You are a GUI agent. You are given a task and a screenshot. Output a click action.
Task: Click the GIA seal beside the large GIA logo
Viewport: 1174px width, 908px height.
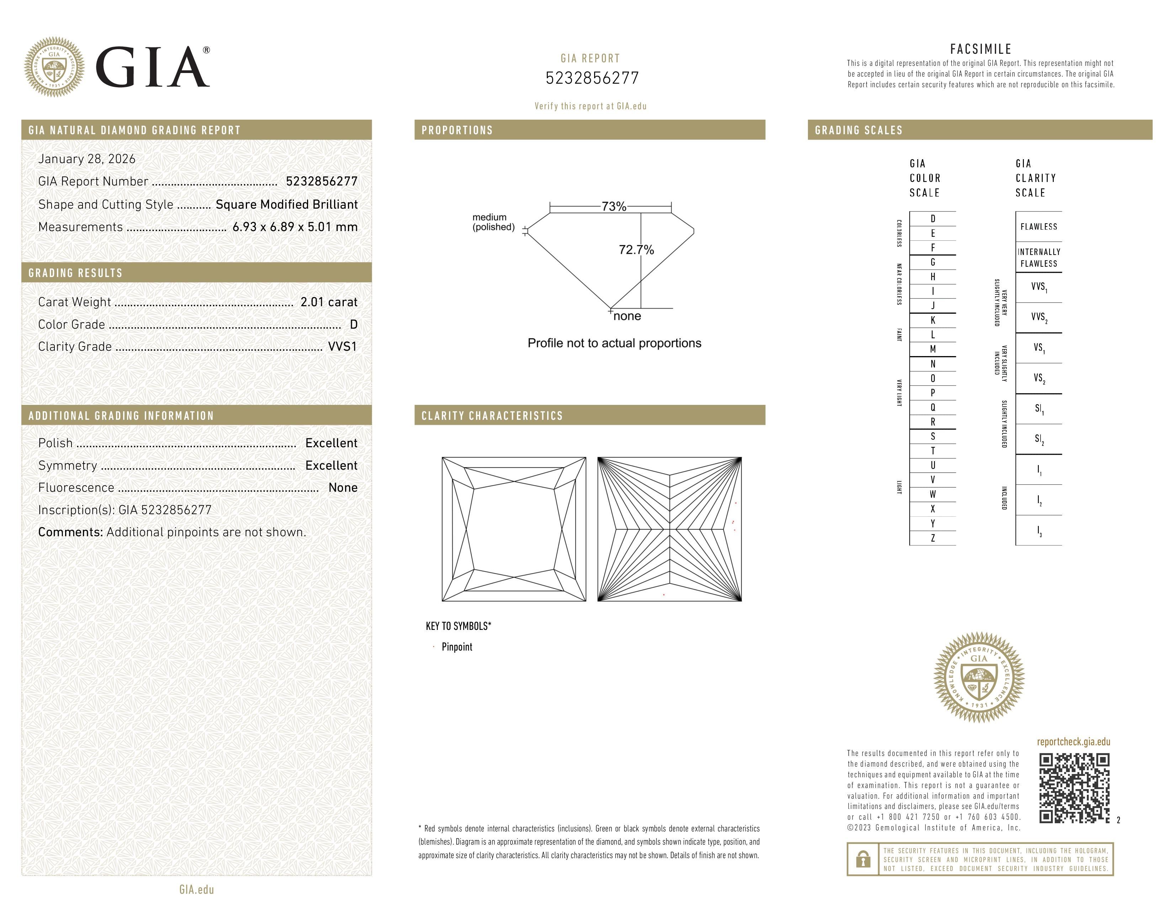[x=54, y=67]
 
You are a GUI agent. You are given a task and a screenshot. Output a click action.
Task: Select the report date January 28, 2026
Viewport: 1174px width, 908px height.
[x=86, y=159]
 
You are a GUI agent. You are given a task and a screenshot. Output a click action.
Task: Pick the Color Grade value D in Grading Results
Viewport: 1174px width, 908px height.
[x=353, y=324]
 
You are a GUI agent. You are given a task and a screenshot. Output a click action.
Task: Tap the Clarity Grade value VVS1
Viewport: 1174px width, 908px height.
[x=342, y=347]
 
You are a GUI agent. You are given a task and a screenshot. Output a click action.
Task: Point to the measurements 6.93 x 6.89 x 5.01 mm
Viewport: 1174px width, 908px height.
[x=295, y=227]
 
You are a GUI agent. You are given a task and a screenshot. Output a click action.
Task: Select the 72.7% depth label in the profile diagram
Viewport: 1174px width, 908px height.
[x=636, y=250]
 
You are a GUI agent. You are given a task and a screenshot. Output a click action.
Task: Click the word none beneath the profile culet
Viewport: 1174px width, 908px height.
[x=627, y=316]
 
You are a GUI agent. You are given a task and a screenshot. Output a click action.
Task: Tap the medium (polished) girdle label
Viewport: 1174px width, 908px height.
[x=493, y=222]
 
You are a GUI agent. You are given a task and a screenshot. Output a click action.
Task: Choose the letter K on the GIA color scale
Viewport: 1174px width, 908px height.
[x=933, y=320]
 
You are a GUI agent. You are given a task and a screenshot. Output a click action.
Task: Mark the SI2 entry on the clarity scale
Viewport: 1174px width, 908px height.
[x=1039, y=439]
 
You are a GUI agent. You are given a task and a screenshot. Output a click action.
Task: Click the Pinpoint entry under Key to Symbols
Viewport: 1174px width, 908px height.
[x=456, y=647]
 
